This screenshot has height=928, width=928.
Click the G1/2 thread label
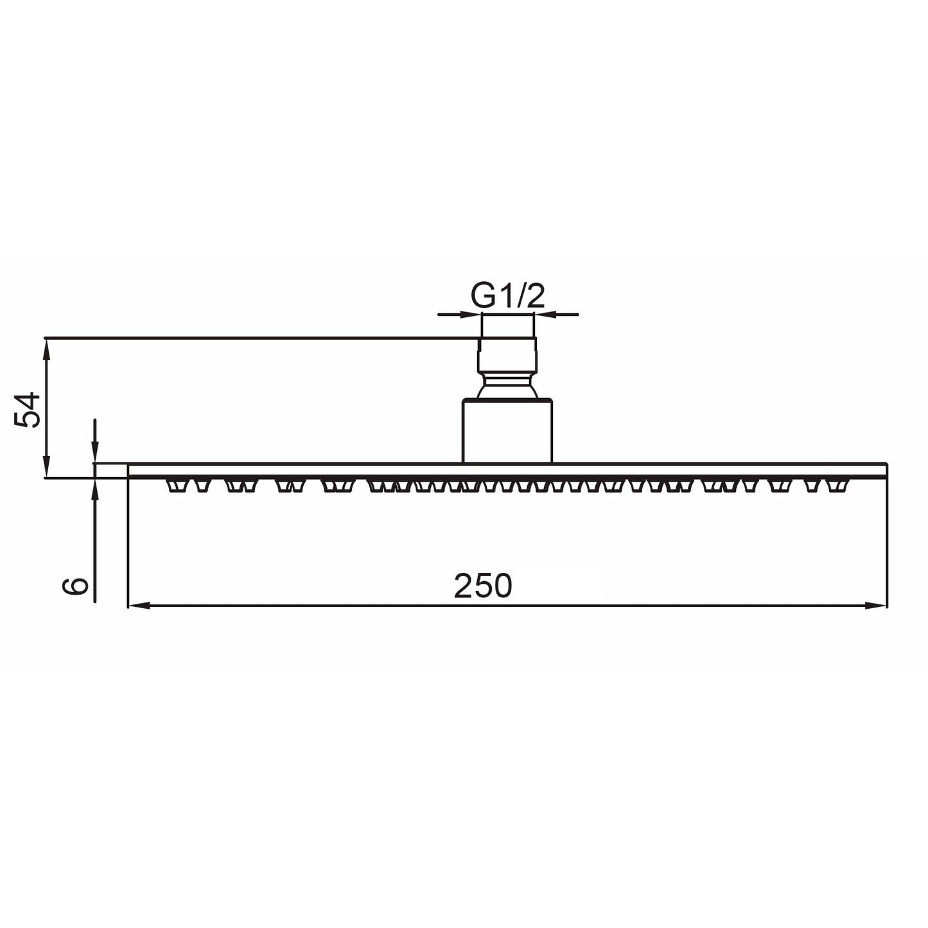(x=507, y=295)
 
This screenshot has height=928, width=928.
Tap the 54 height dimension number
(x=29, y=410)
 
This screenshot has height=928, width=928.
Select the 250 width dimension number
(x=483, y=586)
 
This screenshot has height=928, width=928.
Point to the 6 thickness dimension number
(x=76, y=586)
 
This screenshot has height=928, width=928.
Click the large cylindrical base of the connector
(x=507, y=430)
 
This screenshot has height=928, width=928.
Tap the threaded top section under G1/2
(x=507, y=326)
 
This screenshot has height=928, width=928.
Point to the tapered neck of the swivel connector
(x=507, y=387)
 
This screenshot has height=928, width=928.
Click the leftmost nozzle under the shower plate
(x=173, y=486)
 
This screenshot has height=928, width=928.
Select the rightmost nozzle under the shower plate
(x=836, y=486)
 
